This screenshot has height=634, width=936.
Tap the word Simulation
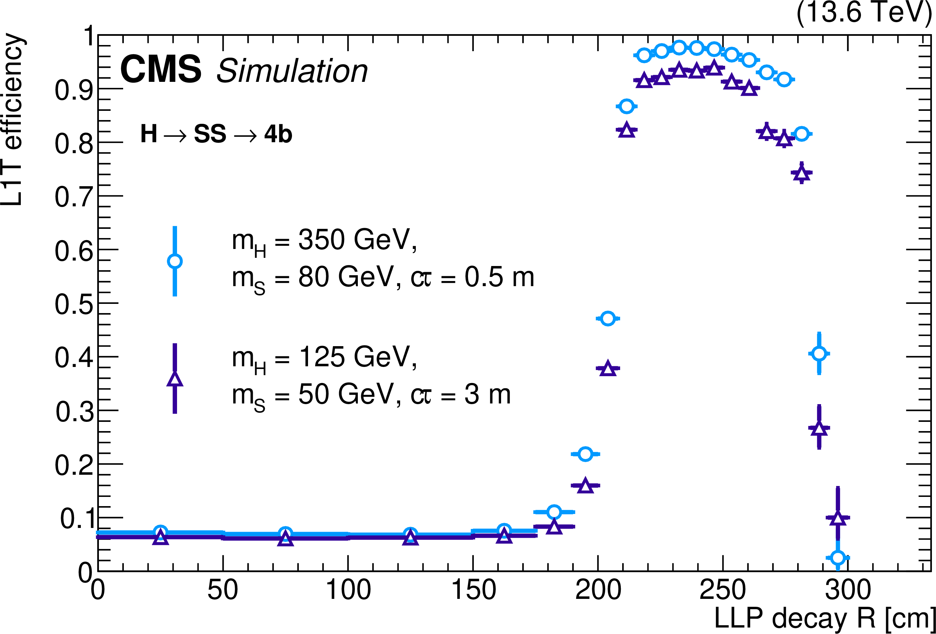(x=292, y=71)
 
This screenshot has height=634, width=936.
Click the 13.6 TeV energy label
(x=864, y=12)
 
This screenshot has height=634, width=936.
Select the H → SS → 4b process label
(x=216, y=134)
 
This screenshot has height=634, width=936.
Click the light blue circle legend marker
(x=174, y=261)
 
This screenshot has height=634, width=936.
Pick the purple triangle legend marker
(x=174, y=380)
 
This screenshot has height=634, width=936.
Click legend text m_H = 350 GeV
(x=324, y=240)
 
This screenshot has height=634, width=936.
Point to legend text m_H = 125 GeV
(x=324, y=358)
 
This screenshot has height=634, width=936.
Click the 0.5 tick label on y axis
(x=73, y=304)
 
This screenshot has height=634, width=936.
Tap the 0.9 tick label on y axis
(x=73, y=90)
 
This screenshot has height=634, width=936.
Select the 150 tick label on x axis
(x=473, y=590)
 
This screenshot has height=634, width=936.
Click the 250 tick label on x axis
(x=723, y=590)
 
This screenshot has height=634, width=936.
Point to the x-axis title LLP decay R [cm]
(x=824, y=618)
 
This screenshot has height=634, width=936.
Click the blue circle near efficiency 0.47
(x=608, y=319)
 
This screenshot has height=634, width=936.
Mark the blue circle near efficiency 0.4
(x=819, y=354)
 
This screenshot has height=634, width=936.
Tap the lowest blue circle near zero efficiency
(x=838, y=558)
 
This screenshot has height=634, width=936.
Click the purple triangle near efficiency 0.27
(x=819, y=428)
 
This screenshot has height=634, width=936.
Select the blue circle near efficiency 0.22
(x=585, y=454)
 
